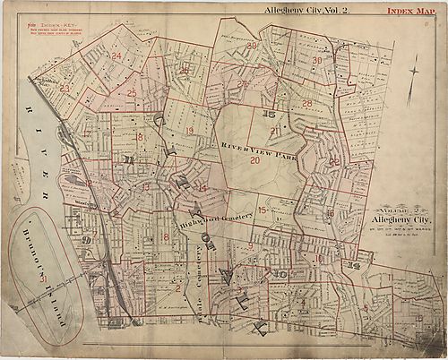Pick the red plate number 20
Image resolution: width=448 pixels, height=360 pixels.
254,161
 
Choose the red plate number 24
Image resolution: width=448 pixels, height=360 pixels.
116,56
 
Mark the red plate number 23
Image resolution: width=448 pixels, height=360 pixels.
65,88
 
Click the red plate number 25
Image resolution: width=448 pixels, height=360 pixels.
131,93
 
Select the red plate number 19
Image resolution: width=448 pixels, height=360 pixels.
189,131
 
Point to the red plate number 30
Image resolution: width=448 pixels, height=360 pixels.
317,60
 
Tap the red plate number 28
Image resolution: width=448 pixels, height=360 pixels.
306,104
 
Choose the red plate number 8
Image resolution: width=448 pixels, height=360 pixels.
166,236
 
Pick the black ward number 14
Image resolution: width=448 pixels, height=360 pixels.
353,266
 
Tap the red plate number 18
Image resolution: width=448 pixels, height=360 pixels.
139,137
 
